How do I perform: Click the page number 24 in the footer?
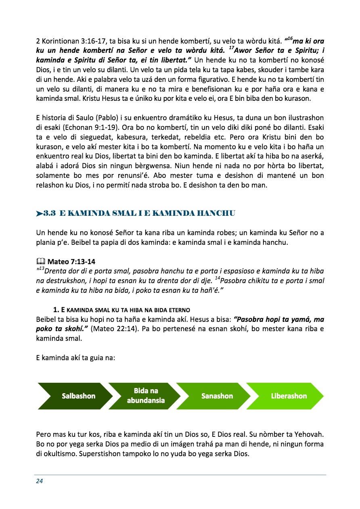pyautogui.click(x=40, y=481)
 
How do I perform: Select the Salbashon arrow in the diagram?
pyautogui.click(x=78, y=396)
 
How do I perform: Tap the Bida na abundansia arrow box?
pyautogui.click(x=146, y=396)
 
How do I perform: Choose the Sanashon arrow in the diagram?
pyautogui.click(x=217, y=396)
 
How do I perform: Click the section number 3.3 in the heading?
pyautogui.click(x=49, y=213)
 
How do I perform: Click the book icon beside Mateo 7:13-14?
pyautogui.click(x=40, y=262)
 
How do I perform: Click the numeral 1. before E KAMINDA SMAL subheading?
pyautogui.click(x=56, y=310)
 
